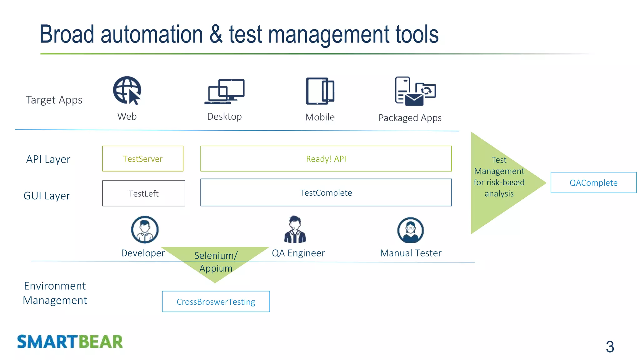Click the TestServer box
tap(143, 159)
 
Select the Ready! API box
tap(326, 159)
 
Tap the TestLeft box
tap(143, 193)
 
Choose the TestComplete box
tap(326, 192)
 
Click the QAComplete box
tap(593, 182)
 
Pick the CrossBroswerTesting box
tap(216, 302)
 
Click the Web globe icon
tap(127, 90)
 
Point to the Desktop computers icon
tap(225, 92)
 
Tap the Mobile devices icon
tap(320, 91)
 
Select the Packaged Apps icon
tap(415, 91)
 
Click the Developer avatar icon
tap(145, 230)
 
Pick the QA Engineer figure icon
tap(295, 230)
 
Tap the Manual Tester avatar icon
tap(410, 230)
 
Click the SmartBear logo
tap(70, 342)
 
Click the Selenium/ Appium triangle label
tap(216, 262)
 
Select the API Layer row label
tap(48, 159)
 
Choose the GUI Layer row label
tap(47, 196)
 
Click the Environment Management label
tap(55, 293)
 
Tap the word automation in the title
tap(152, 34)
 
